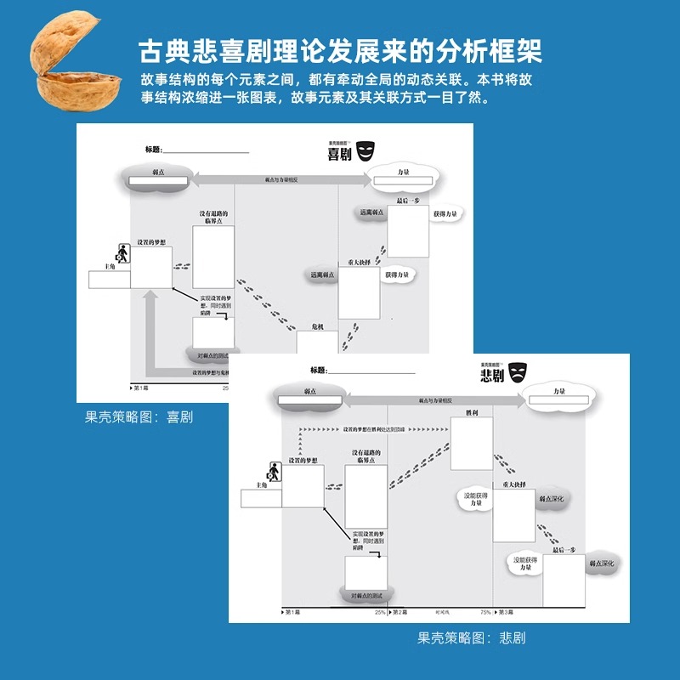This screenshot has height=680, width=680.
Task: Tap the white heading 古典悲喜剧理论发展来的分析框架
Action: point(340,51)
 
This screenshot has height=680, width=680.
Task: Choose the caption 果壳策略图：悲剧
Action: point(471,637)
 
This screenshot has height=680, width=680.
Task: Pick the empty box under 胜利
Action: point(472,443)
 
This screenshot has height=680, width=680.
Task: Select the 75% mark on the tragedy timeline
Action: point(485,612)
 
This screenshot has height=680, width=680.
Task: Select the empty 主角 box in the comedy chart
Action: point(110,280)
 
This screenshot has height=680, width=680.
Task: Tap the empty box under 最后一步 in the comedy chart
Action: point(408,230)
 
